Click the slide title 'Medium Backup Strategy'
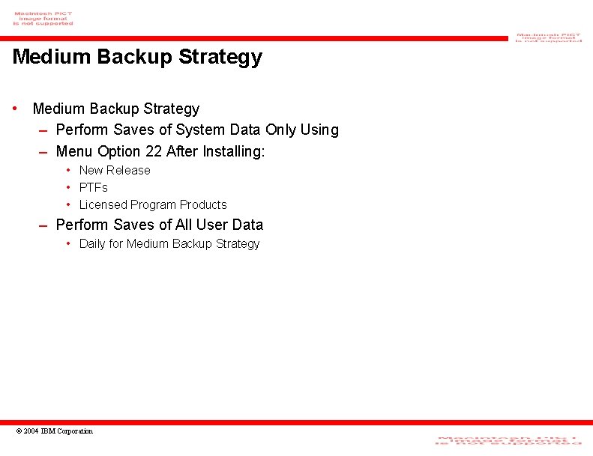[x=137, y=57]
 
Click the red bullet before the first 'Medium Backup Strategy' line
[x=16, y=109]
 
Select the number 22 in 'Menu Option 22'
[x=154, y=151]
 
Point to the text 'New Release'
[x=115, y=171]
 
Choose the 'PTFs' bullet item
[x=94, y=188]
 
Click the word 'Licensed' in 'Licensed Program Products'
[x=103, y=205]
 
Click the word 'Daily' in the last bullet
[x=91, y=244]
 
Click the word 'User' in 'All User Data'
[x=211, y=225]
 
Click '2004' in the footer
[x=31, y=431]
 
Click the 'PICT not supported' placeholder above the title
[x=43, y=19]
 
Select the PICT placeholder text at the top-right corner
[x=548, y=37]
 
